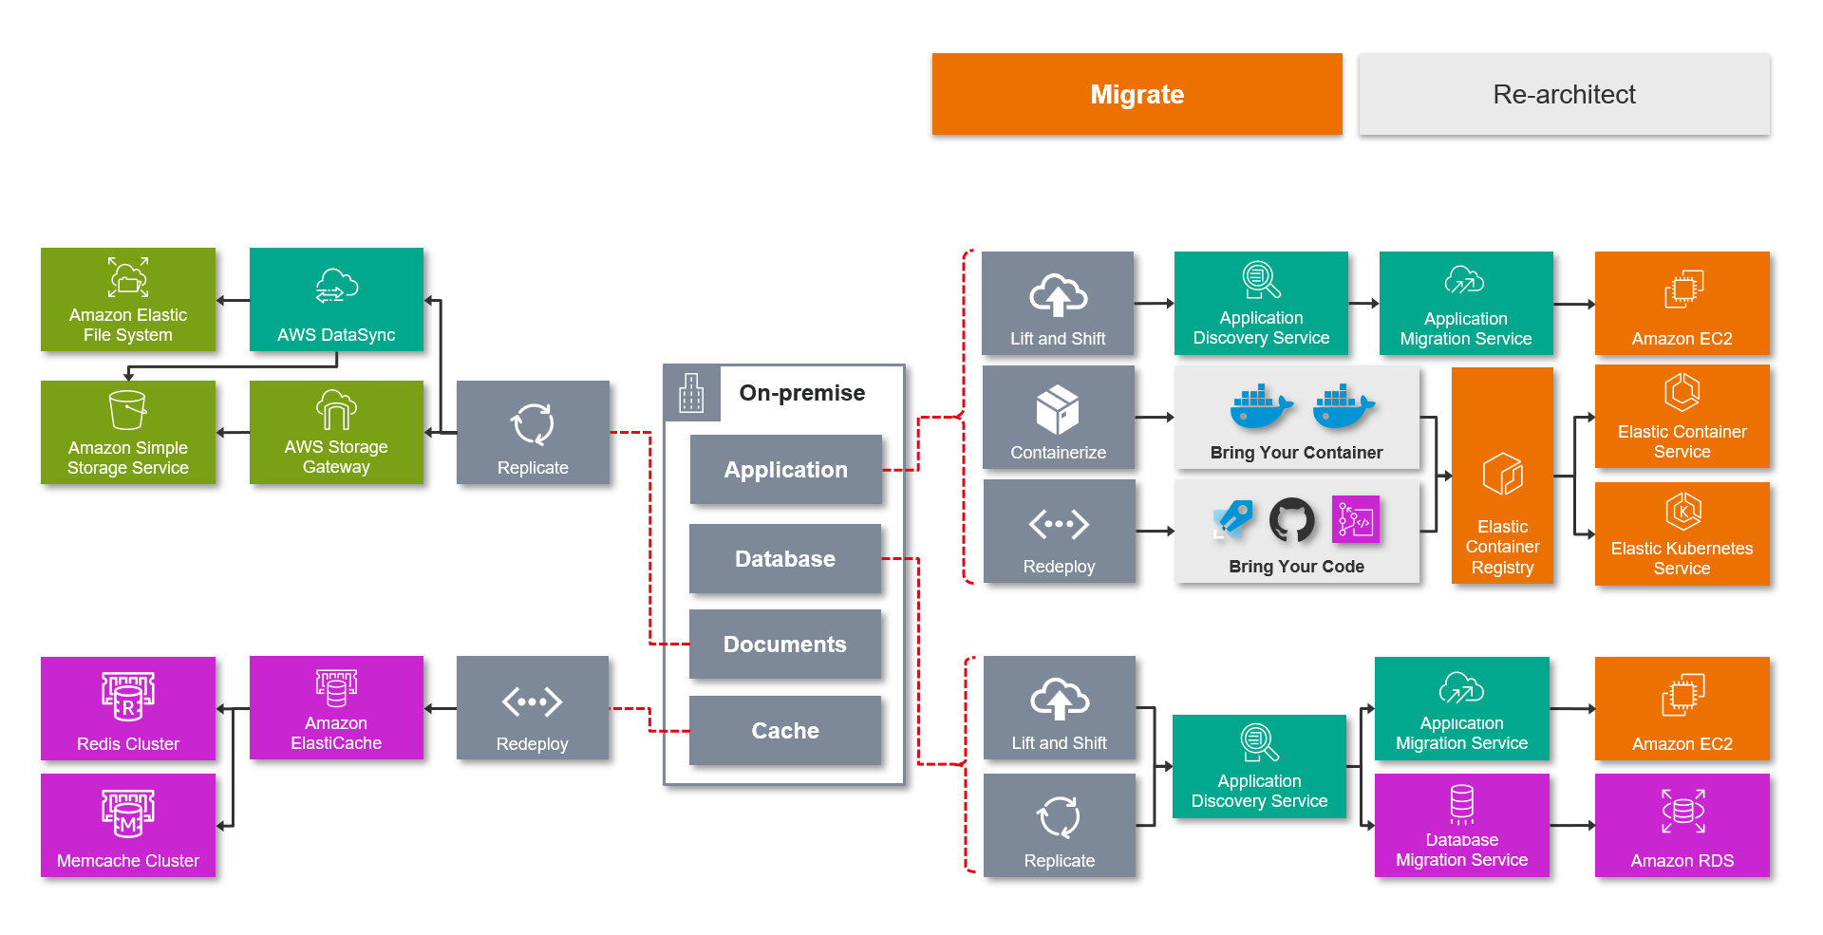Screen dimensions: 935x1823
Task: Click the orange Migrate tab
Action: (x=1137, y=94)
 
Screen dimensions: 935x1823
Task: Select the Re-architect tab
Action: (x=1564, y=94)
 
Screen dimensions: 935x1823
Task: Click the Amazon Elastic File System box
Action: (x=128, y=300)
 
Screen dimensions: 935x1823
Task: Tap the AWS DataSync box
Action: (x=336, y=300)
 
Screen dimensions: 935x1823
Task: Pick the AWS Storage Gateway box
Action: (x=336, y=433)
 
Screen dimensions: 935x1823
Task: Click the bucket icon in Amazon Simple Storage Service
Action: (x=127, y=410)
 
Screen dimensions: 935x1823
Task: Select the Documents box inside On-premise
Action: (x=785, y=645)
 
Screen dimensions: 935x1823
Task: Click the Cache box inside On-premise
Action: (x=785, y=731)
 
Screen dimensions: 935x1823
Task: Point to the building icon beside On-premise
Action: (x=691, y=393)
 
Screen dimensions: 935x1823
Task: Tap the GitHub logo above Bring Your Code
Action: (x=1292, y=519)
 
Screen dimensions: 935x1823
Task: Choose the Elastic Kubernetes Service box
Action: (x=1682, y=534)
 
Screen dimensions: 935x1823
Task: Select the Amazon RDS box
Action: (x=1682, y=826)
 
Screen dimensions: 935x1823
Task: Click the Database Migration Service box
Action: (x=1461, y=826)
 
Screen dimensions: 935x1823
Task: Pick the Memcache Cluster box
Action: (x=128, y=826)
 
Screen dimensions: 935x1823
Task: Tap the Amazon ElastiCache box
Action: (x=336, y=708)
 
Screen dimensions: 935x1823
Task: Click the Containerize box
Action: (x=1058, y=418)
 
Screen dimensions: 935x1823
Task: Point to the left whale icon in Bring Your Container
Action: (x=1260, y=406)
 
